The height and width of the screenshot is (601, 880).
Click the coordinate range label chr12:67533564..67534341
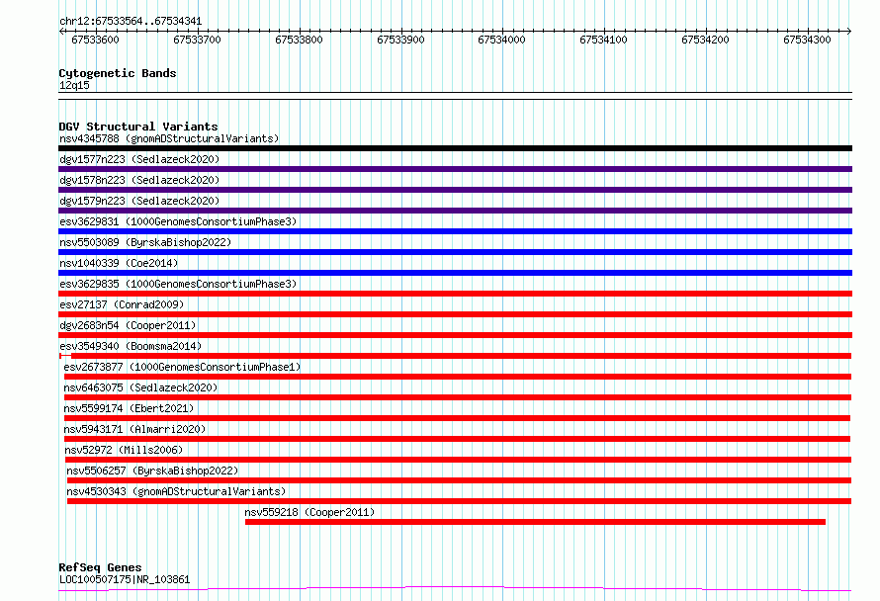(x=131, y=22)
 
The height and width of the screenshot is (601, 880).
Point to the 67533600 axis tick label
(x=95, y=40)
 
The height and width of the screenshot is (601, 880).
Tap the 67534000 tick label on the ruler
(x=501, y=40)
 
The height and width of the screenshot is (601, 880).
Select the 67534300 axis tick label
(x=807, y=40)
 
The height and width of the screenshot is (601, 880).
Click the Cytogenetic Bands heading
(x=118, y=73)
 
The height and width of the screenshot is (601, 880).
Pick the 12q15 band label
(x=74, y=85)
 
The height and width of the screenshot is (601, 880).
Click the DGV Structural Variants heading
(x=138, y=127)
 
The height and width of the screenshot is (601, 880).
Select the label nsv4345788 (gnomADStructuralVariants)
(x=169, y=138)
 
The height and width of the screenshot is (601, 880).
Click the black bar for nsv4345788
(x=455, y=148)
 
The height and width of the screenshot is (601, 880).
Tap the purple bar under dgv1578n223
(x=455, y=190)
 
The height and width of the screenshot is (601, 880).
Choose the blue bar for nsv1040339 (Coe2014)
(x=455, y=273)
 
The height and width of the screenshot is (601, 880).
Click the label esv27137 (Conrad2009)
(x=122, y=304)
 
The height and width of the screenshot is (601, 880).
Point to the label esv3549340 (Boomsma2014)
(x=131, y=346)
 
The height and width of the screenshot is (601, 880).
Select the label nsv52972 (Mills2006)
(x=124, y=450)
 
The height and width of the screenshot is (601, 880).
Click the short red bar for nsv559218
(x=535, y=522)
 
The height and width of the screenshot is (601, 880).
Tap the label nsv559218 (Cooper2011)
(x=309, y=512)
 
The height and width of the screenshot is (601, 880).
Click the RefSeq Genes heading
(x=100, y=567)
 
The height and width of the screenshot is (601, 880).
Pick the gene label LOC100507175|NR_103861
(x=125, y=579)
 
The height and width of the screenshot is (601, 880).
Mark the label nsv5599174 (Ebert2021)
(x=129, y=408)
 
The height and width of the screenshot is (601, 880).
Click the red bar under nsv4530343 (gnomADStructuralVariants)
(x=459, y=501)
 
